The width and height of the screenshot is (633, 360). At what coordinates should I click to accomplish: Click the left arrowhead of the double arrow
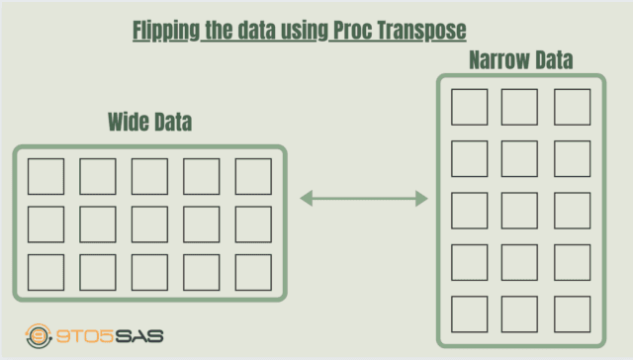[306, 199]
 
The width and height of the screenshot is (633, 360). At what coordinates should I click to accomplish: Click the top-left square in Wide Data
[46, 176]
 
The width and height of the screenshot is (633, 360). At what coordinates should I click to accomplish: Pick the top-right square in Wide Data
[253, 176]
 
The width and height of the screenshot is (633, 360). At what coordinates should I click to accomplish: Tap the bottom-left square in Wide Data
[46, 272]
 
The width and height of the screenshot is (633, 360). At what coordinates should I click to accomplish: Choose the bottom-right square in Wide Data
[253, 272]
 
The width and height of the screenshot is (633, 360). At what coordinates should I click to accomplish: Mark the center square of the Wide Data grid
[149, 224]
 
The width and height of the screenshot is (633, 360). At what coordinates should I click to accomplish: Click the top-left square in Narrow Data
[469, 107]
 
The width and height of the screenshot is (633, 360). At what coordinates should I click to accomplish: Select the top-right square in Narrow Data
[572, 107]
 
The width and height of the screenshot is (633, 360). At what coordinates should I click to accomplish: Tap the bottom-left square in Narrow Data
[469, 313]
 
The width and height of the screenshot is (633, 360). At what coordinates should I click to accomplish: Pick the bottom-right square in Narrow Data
[572, 313]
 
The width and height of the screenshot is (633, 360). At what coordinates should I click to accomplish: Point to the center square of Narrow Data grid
[520, 210]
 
